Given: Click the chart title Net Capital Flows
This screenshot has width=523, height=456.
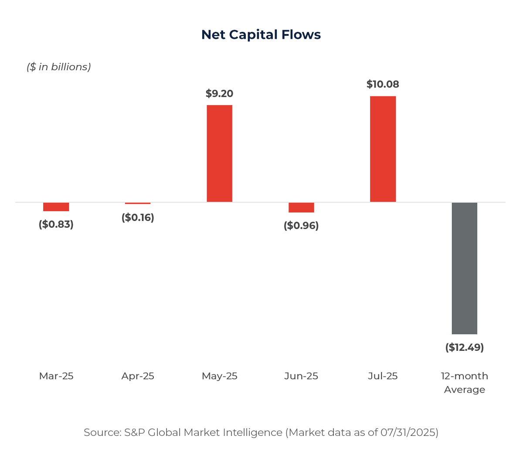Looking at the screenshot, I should coord(261,35).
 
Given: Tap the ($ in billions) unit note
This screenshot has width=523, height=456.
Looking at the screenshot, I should coord(59,67).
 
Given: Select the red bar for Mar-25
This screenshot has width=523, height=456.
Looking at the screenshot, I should coord(56,207).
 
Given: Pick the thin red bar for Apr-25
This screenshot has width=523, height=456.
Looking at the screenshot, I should coord(138,203).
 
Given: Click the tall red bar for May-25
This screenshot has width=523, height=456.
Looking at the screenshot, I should coord(219,153).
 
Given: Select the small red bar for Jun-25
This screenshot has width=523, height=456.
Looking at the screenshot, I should coord(301,208).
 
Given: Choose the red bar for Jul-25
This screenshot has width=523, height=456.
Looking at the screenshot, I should coord(383,149).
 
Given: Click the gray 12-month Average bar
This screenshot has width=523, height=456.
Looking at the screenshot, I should coord(464,268).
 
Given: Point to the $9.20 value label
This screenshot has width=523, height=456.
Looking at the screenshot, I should coord(219,94).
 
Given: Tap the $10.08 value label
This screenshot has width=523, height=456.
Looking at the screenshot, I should coord(383,84).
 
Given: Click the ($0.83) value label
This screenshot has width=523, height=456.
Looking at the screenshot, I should coord(56,224).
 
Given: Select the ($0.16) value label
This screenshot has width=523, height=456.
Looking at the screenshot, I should coord(138,217).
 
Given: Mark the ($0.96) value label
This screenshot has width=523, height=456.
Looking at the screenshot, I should coord(301,226).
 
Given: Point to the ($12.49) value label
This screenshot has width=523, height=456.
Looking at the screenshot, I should coord(464,347).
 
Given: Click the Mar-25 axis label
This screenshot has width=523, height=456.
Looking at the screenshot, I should coord(56,376).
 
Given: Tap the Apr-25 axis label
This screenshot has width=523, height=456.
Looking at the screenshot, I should coord(138,376).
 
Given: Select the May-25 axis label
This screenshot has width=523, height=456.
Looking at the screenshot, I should coord(219,376).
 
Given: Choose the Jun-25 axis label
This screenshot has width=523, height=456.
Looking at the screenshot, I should coord(301,376).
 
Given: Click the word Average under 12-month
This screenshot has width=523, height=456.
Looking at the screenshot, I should coord(464,390).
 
